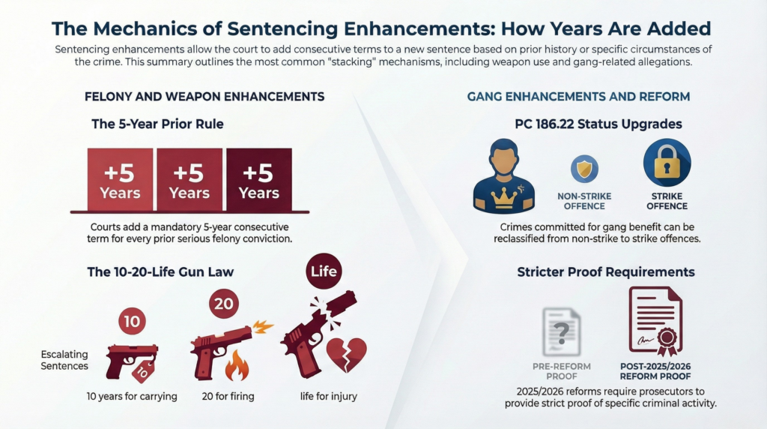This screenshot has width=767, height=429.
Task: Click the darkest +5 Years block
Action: click(x=258, y=181)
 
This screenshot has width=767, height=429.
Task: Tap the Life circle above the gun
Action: click(x=324, y=271)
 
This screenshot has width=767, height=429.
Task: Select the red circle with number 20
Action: click(x=222, y=304)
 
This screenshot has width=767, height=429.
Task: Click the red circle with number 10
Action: click(x=132, y=322)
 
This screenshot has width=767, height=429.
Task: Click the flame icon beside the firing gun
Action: click(x=237, y=367)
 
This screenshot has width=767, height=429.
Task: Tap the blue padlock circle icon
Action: click(x=667, y=163)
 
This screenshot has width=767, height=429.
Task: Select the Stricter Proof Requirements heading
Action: click(x=605, y=271)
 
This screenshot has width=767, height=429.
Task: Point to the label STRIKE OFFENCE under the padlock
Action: click(x=667, y=201)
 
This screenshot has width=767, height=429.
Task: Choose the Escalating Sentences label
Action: click(x=64, y=360)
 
